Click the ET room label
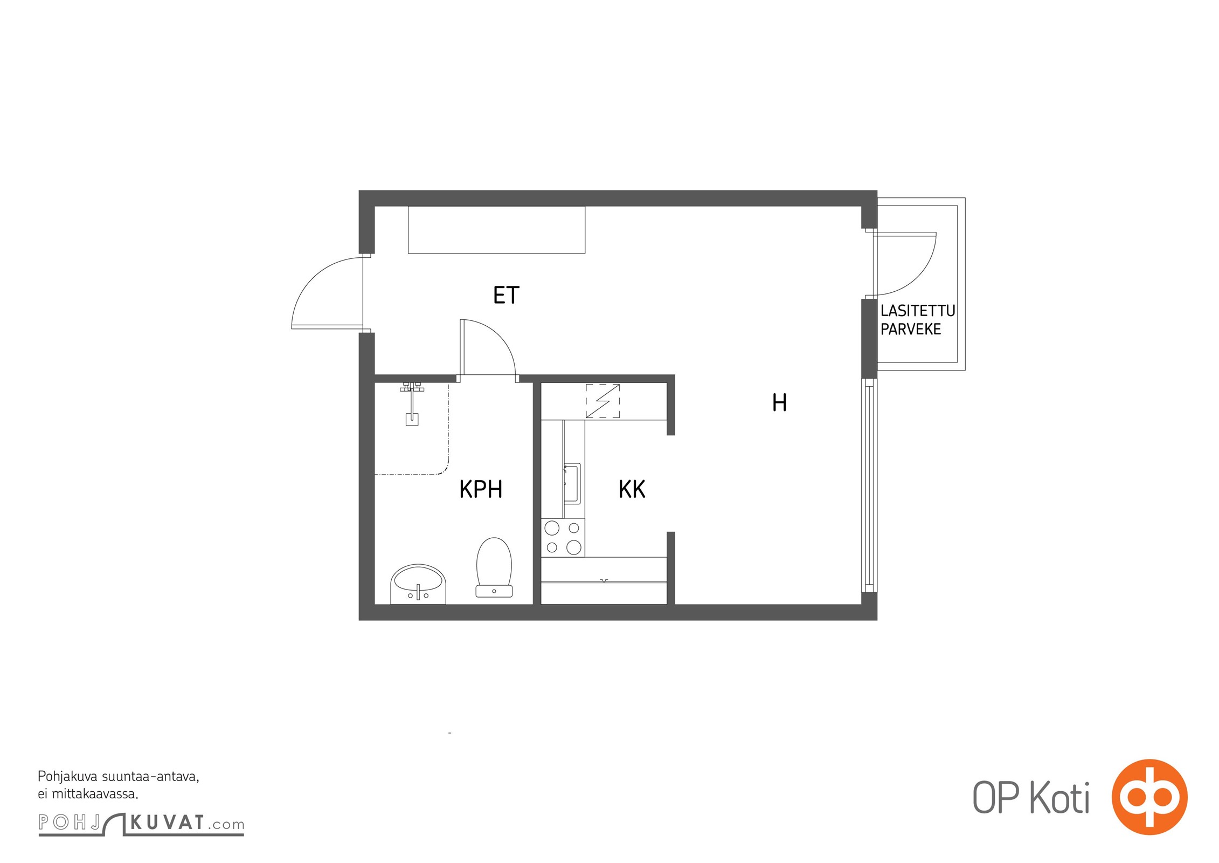pos(506,295)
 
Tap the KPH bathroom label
pos(481,489)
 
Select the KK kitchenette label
pos(632,489)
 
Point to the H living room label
pos(779,402)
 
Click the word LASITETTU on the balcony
pos(918,311)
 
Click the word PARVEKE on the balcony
pos(911,329)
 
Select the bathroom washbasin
pos(418,584)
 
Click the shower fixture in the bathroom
pos(412,403)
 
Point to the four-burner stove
pos(563,537)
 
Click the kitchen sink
pos(572,483)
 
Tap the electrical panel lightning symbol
pos(602,401)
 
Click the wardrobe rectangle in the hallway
pos(496,230)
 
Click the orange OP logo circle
pos(1149,797)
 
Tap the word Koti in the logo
pos(1060,798)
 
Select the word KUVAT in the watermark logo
pos(167,823)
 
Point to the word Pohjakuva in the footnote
pos(68,777)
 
